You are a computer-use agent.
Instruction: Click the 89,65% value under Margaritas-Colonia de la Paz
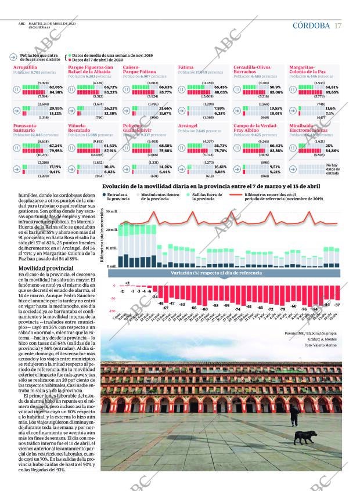pos(332,92)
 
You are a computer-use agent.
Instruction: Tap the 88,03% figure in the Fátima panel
pos(221,92)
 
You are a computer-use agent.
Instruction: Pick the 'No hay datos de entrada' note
pos(332,168)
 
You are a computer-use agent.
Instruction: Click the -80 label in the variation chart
pos(204,309)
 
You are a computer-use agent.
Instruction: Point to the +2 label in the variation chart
pos(127,283)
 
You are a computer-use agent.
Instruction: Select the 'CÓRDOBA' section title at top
pos(311,26)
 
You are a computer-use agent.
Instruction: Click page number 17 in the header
pos(338,26)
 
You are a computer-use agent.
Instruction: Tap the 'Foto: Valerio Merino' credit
pos(320,345)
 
